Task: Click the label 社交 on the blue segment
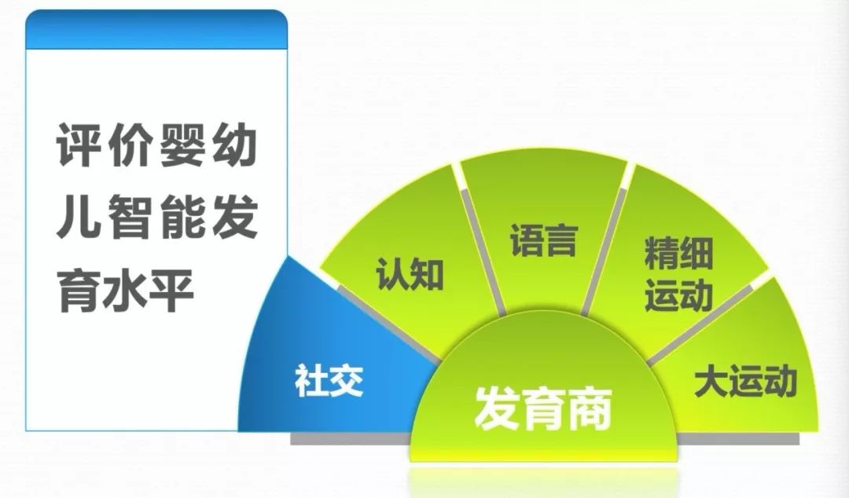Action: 329,380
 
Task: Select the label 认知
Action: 410,274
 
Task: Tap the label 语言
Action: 544,240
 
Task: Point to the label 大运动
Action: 745,383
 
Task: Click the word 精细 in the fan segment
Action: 678,253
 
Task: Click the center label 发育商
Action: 543,408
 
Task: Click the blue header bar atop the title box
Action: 156,30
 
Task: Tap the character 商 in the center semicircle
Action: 590,408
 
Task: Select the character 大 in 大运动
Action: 711,383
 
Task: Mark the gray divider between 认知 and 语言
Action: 483,251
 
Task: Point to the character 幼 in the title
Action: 233,145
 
